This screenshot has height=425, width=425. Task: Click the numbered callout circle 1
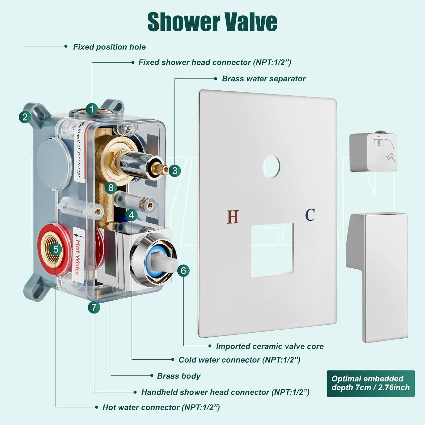coord(92,109)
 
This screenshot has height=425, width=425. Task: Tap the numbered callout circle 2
coord(25,117)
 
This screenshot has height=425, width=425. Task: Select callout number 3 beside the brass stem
coord(175,171)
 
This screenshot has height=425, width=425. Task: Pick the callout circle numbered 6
coord(183,271)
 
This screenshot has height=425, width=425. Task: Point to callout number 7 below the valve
coord(94,307)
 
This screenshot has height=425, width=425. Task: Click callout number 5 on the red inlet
coord(56,249)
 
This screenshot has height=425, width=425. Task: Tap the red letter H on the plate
coord(233,217)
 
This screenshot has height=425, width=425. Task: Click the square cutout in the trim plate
coord(272,250)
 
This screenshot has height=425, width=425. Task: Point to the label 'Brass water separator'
coord(264,78)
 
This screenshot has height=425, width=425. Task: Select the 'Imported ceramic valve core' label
coord(270,346)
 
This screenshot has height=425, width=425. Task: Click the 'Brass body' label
coord(179,376)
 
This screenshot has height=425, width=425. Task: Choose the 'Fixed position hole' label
coord(109,47)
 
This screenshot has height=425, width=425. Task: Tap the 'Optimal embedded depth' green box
coord(371,383)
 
